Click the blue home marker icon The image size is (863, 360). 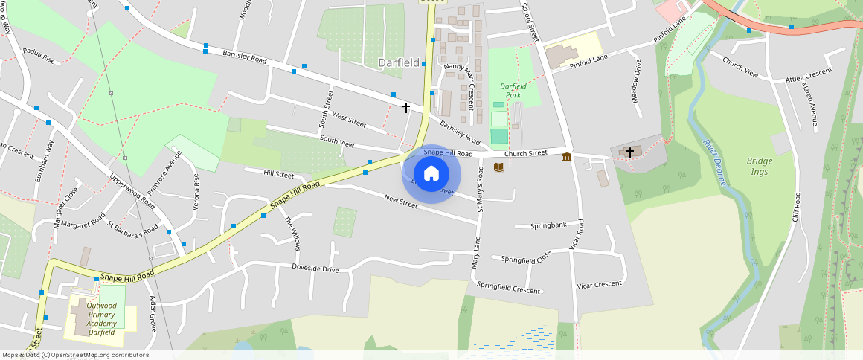point(431,174)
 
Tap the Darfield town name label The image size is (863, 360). point(399,63)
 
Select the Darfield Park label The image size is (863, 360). point(513,91)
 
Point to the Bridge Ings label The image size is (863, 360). point(760,166)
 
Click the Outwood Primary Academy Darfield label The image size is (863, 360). point(101,318)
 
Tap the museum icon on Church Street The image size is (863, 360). point(567,156)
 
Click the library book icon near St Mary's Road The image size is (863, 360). point(498,167)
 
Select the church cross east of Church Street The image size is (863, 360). point(629,152)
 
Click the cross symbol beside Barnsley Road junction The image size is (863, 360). point(406,108)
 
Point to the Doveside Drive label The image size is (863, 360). point(315,268)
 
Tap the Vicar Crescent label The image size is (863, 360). point(599,285)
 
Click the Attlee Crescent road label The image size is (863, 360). point(809,77)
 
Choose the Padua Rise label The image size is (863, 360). point(39,57)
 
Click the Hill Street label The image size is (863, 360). point(279,174)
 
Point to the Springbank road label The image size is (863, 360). point(548,225)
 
